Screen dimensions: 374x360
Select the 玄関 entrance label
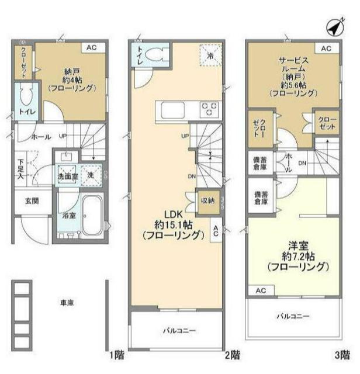pos(31,200)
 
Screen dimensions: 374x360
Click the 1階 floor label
pos(116,355)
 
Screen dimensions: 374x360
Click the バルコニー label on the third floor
pos(293,317)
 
